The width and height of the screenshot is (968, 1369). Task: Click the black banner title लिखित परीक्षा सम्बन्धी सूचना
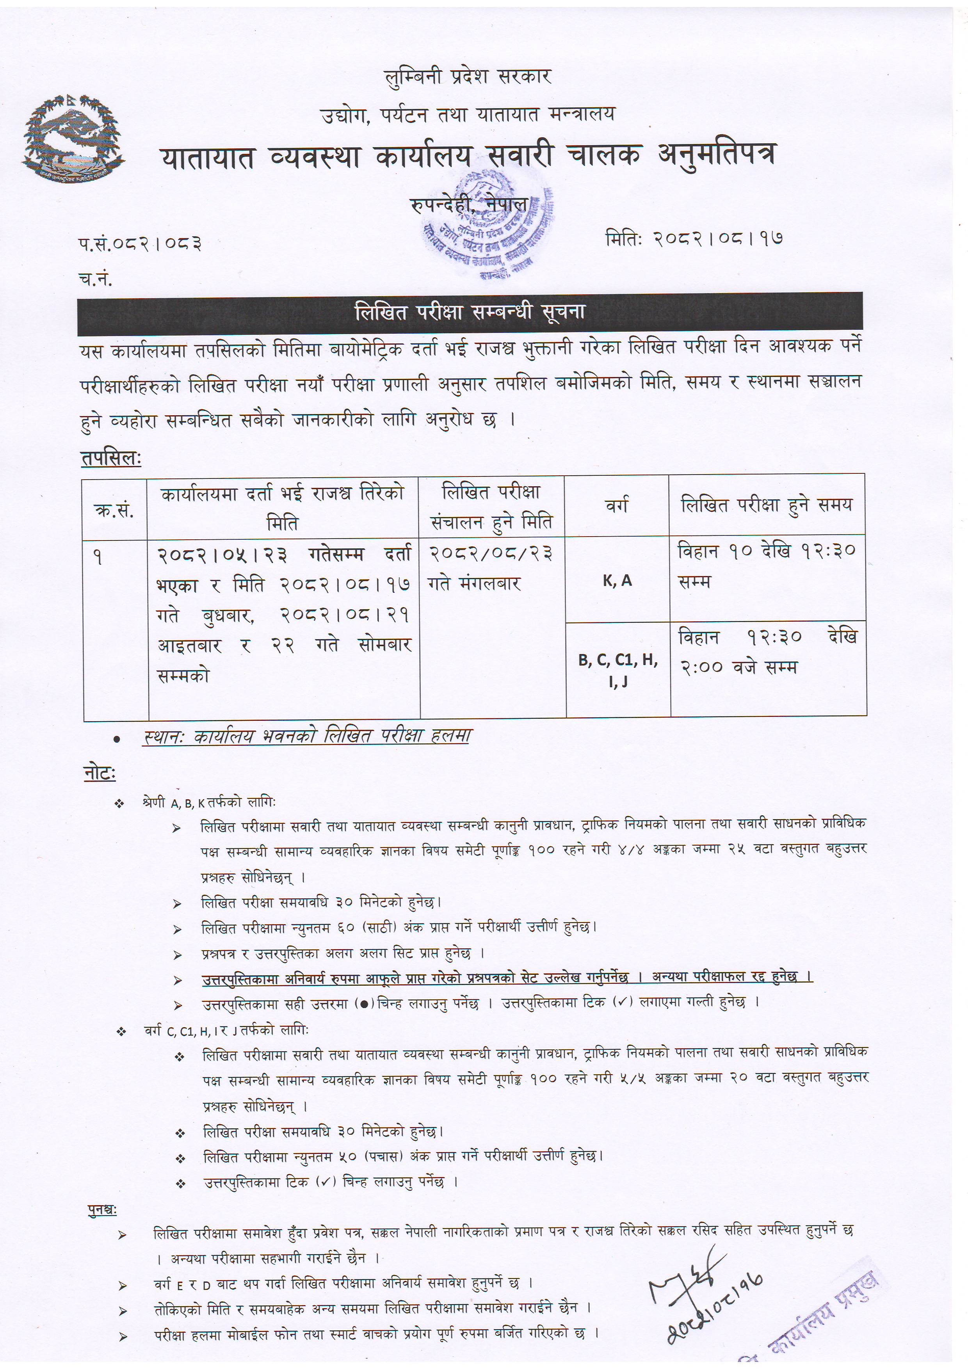tap(470, 313)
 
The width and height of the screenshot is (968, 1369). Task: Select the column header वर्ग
tap(617, 506)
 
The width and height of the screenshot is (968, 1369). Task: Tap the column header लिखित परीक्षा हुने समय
tap(767, 506)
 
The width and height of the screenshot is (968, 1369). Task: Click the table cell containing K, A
tap(617, 581)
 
